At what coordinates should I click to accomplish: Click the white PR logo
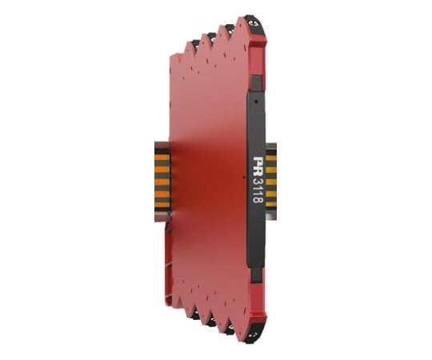tap(258, 165)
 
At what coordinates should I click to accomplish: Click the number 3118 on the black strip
tap(258, 190)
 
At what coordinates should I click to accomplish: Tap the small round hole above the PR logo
tap(257, 101)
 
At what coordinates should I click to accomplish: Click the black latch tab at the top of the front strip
tap(257, 83)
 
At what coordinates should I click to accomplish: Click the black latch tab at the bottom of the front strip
tap(257, 275)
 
